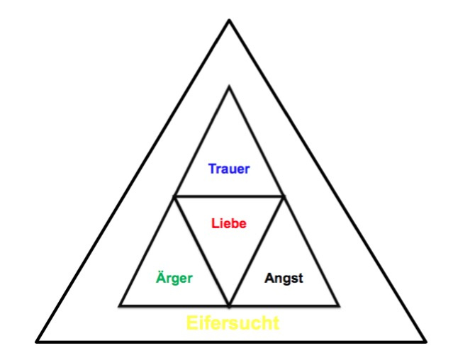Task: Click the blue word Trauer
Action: (229, 169)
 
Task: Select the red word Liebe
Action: (229, 223)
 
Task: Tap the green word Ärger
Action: (174, 277)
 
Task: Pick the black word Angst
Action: (284, 279)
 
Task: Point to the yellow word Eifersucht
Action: (233, 322)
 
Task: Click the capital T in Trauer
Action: (213, 169)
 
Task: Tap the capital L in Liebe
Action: (215, 223)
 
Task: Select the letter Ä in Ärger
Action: (161, 276)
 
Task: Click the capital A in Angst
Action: (269, 278)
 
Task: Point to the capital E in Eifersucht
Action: (191, 322)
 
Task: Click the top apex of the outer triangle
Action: (230, 20)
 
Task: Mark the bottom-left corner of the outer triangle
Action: (36, 342)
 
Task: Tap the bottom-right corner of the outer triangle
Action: (426, 342)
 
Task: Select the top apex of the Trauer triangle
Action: (230, 86)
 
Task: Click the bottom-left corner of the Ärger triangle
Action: (120, 305)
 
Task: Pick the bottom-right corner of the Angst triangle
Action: (339, 305)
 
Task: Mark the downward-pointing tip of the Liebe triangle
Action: (229, 305)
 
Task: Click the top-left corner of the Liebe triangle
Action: (174, 196)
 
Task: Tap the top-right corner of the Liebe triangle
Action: (284, 196)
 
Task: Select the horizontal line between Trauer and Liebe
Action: (229, 196)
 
